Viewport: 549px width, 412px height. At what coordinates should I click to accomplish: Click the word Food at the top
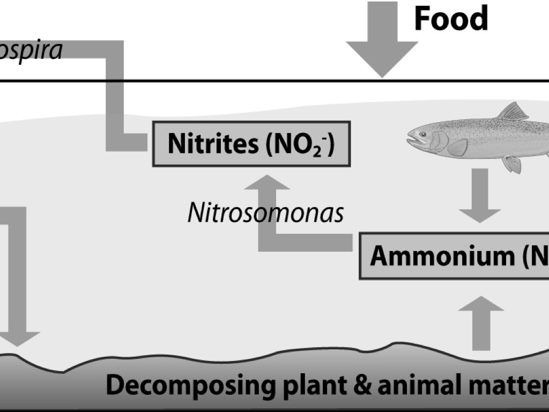coord(451,19)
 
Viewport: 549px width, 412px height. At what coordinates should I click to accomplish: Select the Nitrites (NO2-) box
coord(251,144)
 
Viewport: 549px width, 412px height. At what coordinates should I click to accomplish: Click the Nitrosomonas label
coord(265,214)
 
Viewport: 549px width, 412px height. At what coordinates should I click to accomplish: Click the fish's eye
coord(422,134)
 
